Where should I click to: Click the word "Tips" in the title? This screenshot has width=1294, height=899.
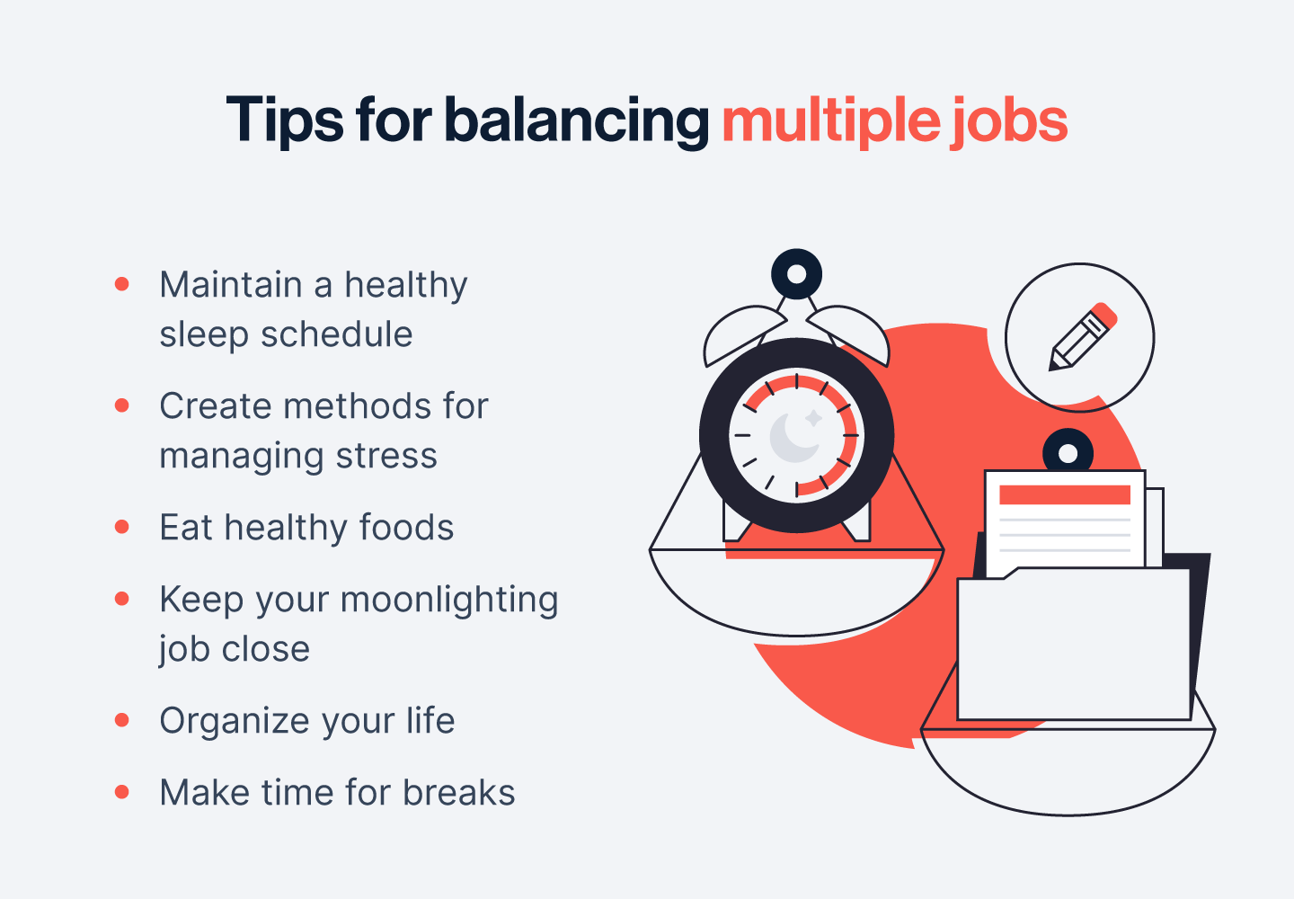tap(285, 120)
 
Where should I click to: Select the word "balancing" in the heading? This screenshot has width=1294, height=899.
tap(577, 120)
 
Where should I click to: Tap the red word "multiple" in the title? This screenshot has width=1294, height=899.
tap(831, 120)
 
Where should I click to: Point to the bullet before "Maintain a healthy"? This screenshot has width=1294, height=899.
tap(122, 284)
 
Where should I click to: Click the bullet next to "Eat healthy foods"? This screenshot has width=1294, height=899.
tap(122, 526)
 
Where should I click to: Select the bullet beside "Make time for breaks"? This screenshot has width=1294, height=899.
tap(122, 791)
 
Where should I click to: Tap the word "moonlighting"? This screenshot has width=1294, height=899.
tap(449, 601)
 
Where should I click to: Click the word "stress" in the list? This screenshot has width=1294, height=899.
tap(386, 457)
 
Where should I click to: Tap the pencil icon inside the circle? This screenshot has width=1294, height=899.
tap(1083, 336)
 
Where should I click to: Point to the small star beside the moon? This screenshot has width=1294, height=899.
tap(814, 418)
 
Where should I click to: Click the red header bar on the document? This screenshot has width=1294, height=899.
tap(1065, 495)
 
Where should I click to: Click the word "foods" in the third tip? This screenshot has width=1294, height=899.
tap(406, 528)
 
